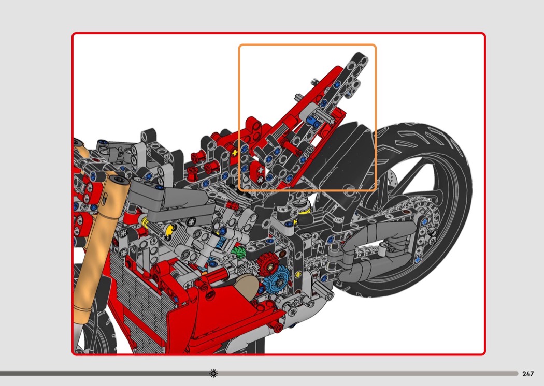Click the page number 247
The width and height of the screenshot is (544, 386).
click(528, 374)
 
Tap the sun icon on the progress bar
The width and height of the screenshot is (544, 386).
click(213, 373)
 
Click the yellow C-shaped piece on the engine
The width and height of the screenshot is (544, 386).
click(169, 230)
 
